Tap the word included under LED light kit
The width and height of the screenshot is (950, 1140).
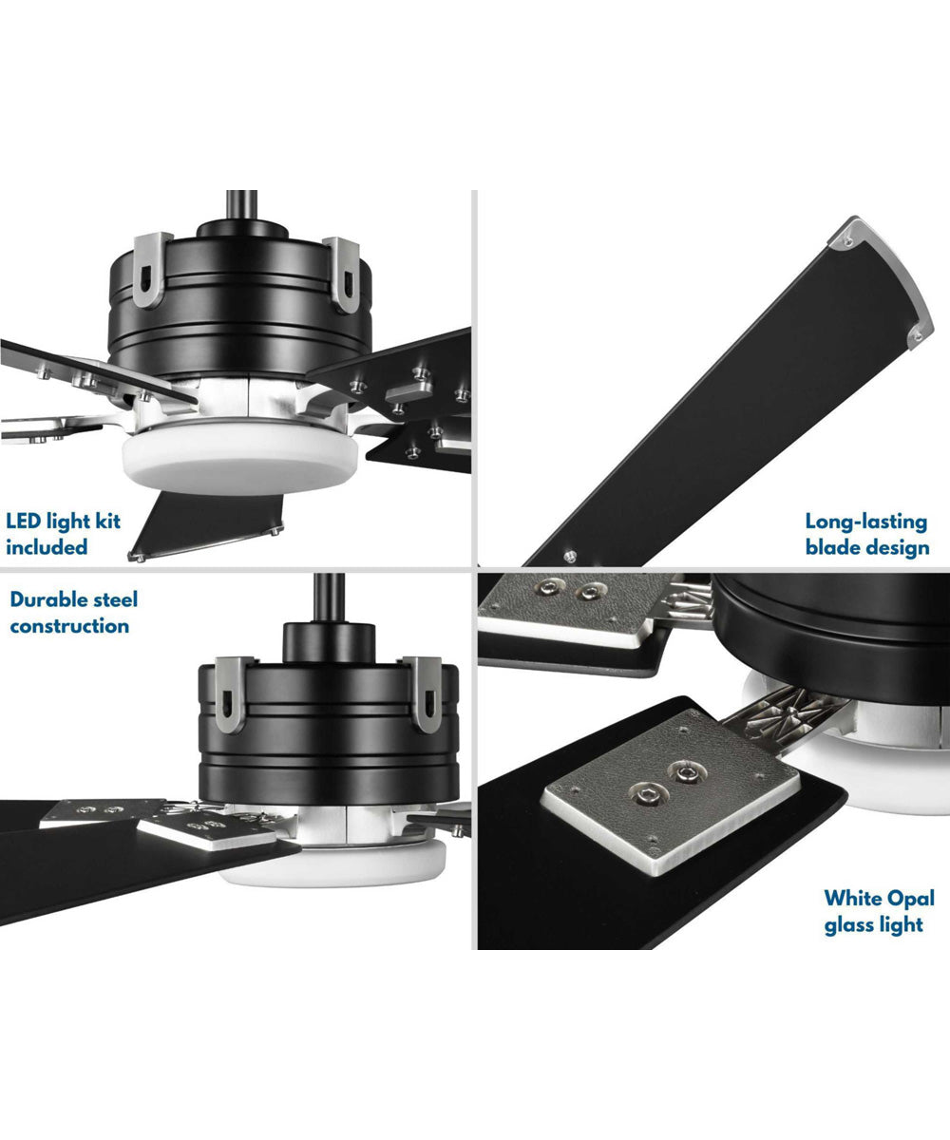point(47,547)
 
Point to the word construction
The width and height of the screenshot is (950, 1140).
point(68,626)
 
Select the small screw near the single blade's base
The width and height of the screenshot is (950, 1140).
point(568,555)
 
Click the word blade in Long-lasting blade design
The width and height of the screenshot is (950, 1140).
point(832,547)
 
